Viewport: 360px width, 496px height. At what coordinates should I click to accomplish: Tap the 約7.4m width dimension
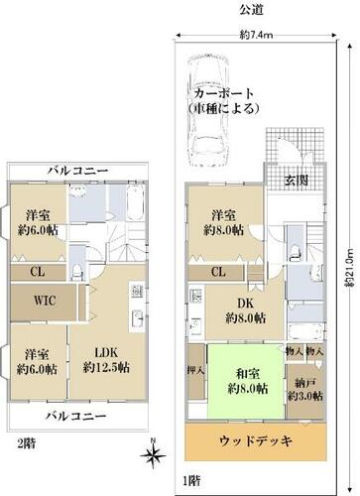(x=256, y=35)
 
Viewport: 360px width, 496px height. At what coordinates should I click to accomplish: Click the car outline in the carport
(x=208, y=111)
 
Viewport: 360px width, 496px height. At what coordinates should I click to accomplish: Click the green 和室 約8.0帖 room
(x=246, y=381)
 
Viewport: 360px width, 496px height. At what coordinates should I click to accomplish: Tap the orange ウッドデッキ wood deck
(x=255, y=440)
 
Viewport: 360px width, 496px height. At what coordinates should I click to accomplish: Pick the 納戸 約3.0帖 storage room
(x=305, y=391)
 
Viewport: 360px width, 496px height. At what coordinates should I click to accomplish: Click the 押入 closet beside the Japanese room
(x=195, y=371)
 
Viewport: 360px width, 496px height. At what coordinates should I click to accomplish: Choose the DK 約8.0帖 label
(x=245, y=310)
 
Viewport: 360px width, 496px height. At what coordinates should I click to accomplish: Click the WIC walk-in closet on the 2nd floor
(x=45, y=302)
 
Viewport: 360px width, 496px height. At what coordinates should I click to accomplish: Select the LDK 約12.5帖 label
(x=106, y=360)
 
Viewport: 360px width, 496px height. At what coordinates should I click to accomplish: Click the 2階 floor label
(x=26, y=443)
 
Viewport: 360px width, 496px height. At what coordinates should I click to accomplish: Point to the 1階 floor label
(x=191, y=481)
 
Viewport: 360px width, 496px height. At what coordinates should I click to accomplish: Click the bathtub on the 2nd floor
(x=135, y=202)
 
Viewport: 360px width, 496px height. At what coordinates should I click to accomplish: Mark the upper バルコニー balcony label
(x=77, y=171)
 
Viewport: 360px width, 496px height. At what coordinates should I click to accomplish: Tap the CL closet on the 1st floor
(x=218, y=272)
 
